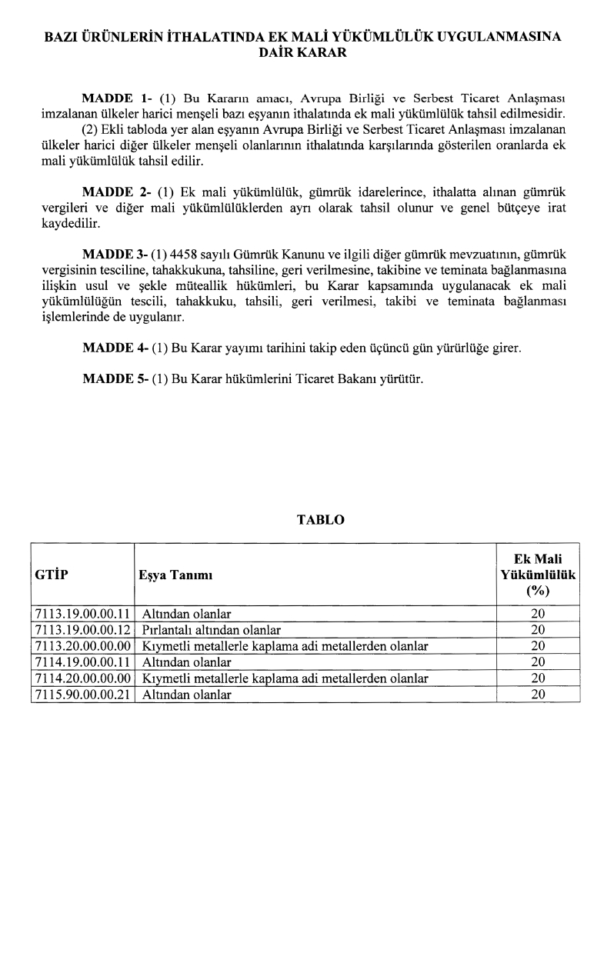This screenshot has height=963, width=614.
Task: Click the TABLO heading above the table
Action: point(320,520)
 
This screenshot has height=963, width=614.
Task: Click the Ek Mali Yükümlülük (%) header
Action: point(538,575)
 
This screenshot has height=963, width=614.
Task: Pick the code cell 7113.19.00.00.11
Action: point(83,614)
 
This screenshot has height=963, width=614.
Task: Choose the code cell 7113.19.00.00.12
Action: point(83,630)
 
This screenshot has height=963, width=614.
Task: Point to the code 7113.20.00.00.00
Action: point(83,646)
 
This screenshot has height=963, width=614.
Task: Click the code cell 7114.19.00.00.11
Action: point(83,662)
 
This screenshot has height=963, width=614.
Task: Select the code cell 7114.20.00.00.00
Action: point(83,678)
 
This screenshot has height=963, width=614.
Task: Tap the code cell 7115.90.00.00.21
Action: point(83,695)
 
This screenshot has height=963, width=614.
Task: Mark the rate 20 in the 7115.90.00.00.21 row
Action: point(538,695)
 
